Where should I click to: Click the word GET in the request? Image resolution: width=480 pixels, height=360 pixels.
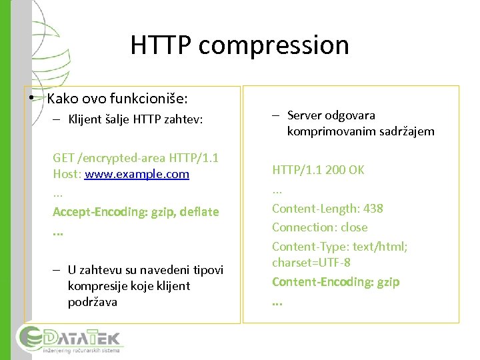pos(64,158)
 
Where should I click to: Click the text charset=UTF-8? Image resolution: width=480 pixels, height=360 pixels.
pos(311,263)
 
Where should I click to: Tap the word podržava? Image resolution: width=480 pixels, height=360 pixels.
pos(92,302)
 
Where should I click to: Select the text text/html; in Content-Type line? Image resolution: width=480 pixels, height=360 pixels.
pos(381,246)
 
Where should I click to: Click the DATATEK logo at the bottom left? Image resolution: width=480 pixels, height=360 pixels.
pos(70,340)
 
